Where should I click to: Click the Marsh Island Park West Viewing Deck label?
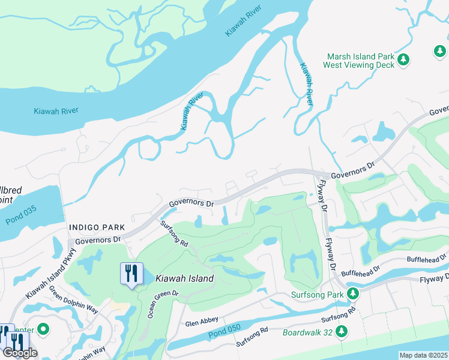pos(359,61)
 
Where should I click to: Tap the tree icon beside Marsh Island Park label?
pos(405,60)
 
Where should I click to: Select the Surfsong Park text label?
pos(317,295)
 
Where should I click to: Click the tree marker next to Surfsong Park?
pos(354,293)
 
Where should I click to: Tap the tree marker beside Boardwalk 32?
pos(342,331)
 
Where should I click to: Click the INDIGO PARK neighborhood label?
pos(97,227)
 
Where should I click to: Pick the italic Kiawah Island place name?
pos(184,278)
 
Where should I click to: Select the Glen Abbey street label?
pos(200,323)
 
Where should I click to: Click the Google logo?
pos(19,353)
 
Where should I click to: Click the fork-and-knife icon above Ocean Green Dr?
pos(131,274)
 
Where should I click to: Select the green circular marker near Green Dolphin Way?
pos(43,329)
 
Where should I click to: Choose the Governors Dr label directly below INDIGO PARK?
pos(95,239)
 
